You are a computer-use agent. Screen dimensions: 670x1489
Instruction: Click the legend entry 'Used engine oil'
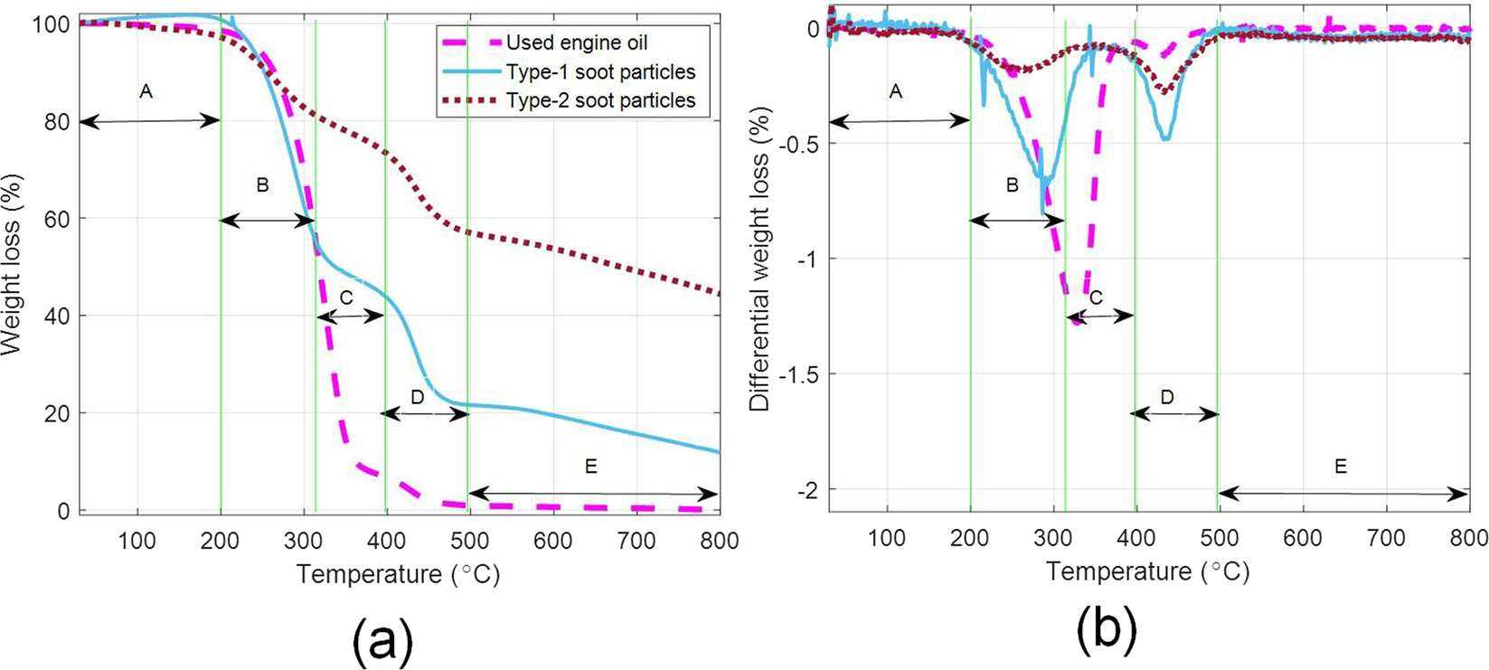[x=576, y=42]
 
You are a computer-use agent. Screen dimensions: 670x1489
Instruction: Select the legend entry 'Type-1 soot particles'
[x=600, y=71]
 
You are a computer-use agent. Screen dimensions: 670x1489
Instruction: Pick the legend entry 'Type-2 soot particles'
[x=600, y=100]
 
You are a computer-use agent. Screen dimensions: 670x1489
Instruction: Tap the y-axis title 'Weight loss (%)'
[x=12, y=264]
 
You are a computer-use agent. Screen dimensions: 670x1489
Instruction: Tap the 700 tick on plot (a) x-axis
[x=636, y=541]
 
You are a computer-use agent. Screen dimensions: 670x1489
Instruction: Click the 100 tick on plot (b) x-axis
[x=887, y=538]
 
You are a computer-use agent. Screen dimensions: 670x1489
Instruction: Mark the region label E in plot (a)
[x=591, y=467]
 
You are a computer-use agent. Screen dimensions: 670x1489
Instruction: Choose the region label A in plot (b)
[x=896, y=91]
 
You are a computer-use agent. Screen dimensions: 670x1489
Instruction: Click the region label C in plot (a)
[x=345, y=297]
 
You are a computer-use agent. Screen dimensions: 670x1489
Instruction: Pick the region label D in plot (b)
[x=1166, y=397]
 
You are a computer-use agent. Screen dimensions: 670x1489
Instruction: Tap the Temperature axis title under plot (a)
[x=398, y=574]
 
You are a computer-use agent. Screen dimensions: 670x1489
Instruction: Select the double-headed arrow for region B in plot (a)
[x=268, y=220]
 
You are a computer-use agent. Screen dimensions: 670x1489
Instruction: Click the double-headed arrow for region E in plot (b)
[x=1342, y=494]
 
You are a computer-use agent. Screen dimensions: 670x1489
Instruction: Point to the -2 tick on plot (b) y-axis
[x=806, y=489]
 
